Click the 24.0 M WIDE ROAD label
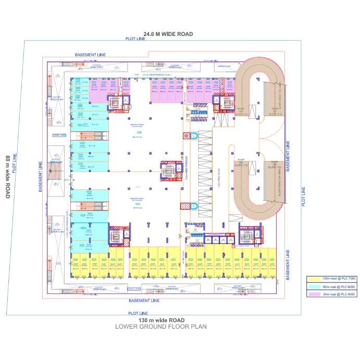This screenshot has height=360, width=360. (x=168, y=34)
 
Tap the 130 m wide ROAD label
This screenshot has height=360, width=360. (x=162, y=319)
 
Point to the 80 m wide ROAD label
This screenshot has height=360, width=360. (x=8, y=177)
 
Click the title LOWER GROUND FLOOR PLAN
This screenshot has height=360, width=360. (x=162, y=327)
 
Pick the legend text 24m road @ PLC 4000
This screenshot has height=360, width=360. (x=339, y=294)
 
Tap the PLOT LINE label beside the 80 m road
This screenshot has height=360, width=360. (x=15, y=163)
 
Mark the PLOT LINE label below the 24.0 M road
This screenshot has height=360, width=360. (x=135, y=39)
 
